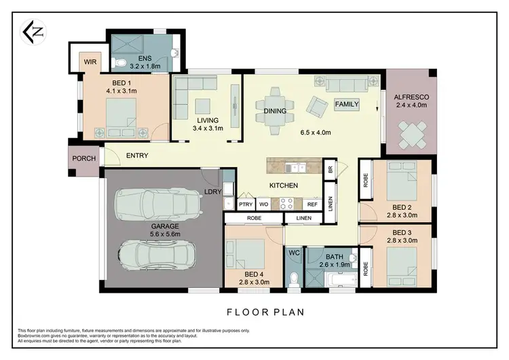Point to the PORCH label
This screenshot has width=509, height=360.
pos(84,159)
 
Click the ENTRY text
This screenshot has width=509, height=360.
pos(137,156)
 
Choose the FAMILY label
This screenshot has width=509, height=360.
pos(347,105)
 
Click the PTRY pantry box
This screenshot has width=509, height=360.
pos(245,204)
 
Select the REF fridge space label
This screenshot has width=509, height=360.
pos(312,204)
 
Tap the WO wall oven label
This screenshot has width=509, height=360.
pos(263,204)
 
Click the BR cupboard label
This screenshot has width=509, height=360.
pos(330,169)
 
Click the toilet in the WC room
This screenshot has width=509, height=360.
pos(294,278)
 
